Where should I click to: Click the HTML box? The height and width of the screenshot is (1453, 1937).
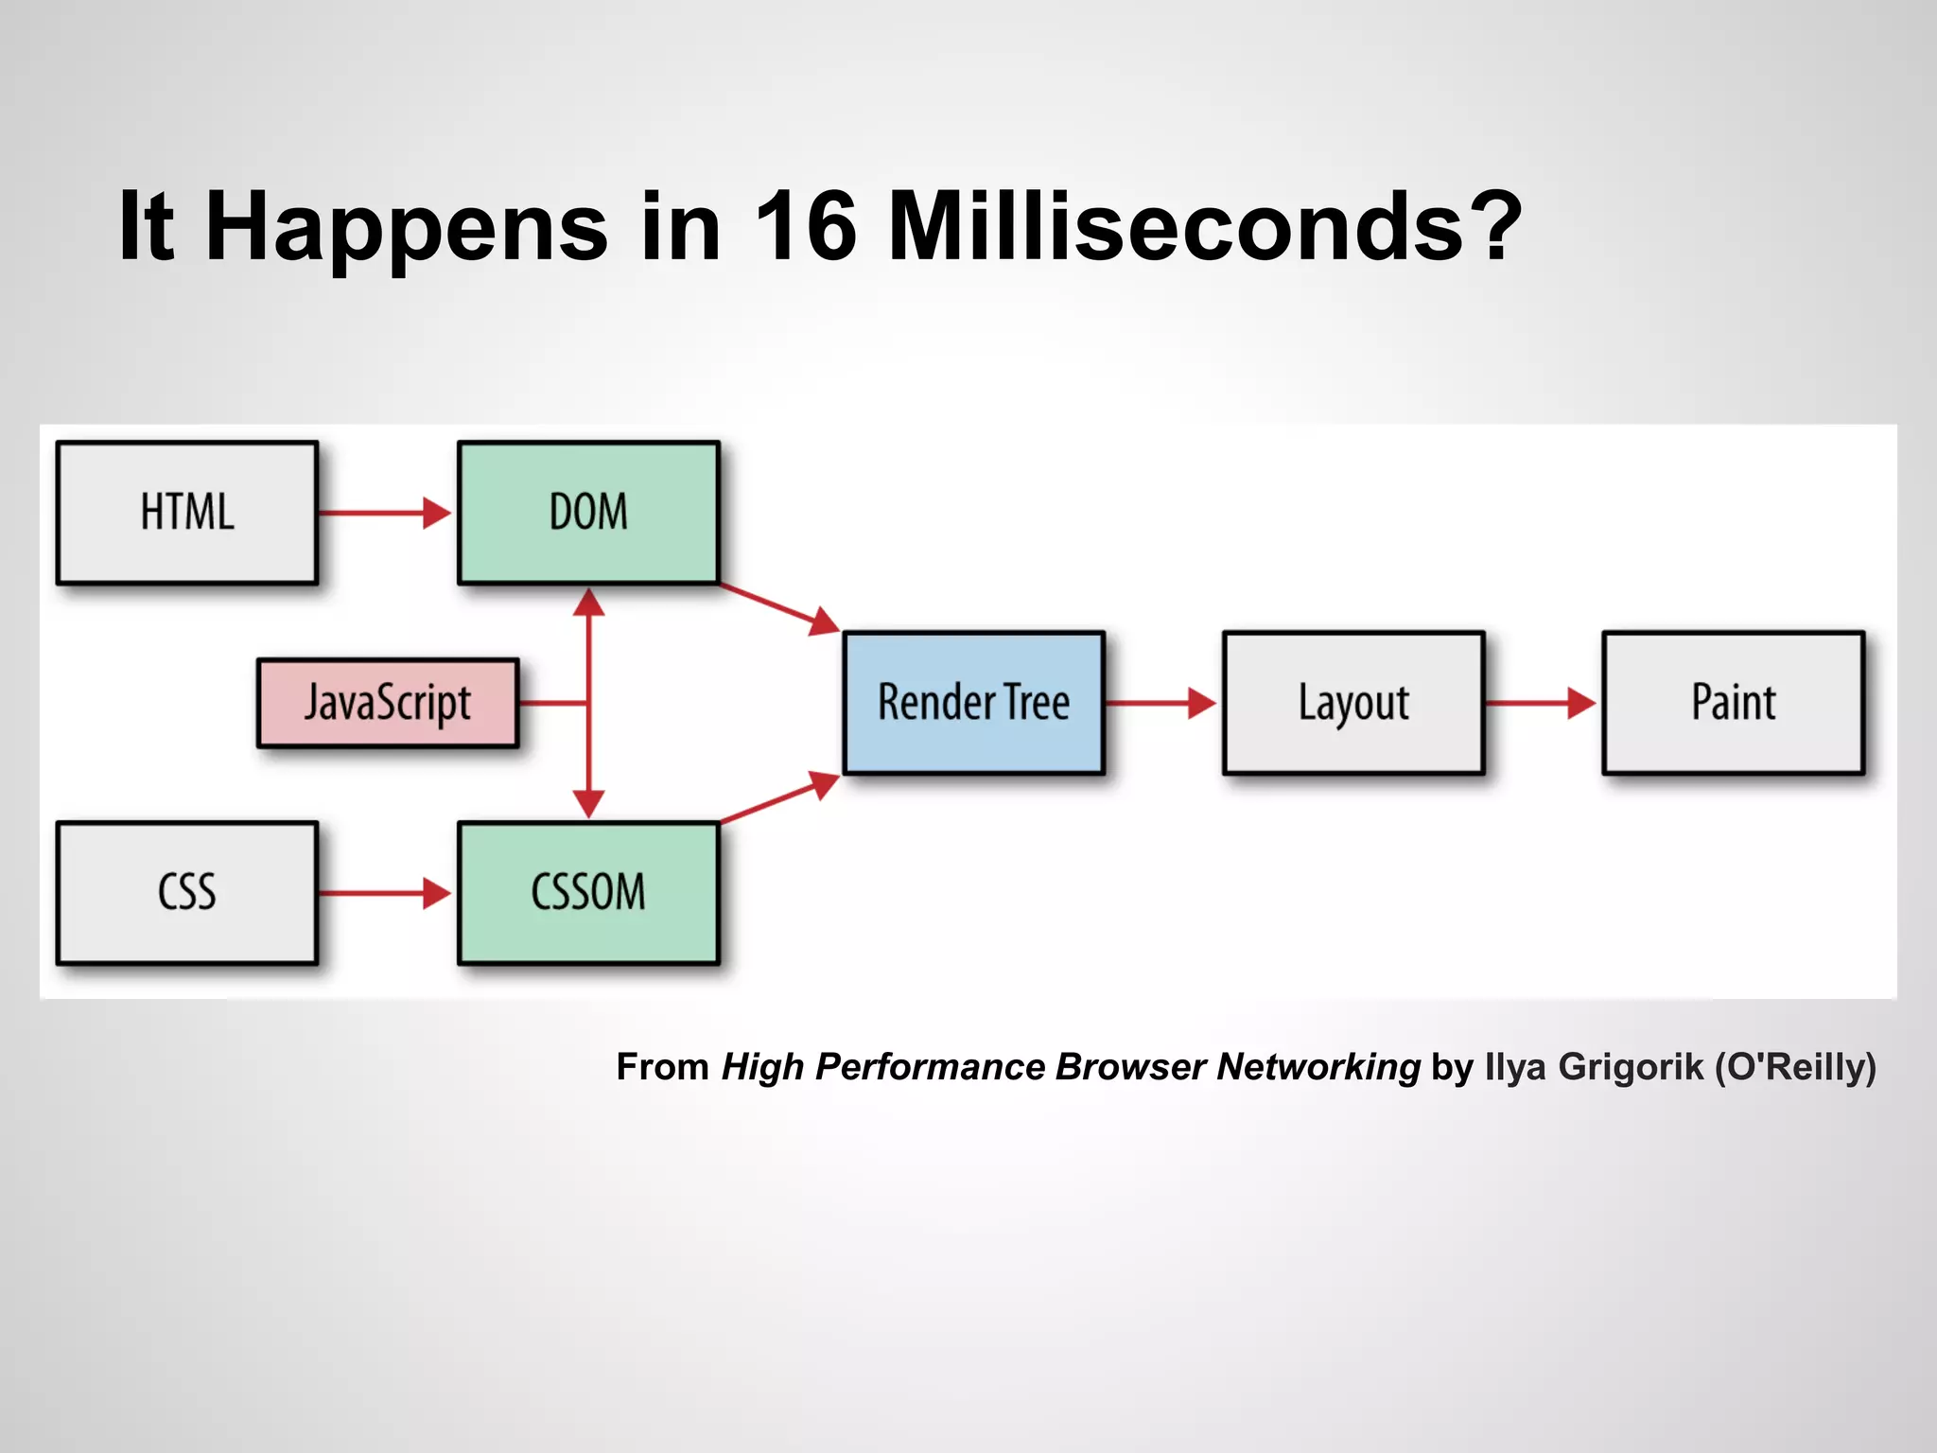(x=187, y=513)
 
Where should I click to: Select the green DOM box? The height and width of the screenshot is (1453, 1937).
(x=588, y=513)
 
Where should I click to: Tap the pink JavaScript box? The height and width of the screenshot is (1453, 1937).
(x=388, y=703)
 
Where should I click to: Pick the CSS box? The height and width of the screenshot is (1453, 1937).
(x=187, y=893)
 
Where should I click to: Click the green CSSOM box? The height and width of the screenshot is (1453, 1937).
(x=588, y=893)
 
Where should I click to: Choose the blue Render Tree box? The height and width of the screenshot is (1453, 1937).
(x=973, y=703)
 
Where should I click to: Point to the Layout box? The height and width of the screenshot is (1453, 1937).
(x=1353, y=703)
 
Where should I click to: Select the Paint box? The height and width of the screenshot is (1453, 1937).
(x=1733, y=703)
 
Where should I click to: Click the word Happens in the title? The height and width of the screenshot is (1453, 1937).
(x=407, y=227)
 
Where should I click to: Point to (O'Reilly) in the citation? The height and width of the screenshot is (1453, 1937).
(x=1795, y=1066)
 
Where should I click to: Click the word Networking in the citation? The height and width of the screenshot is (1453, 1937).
(x=1318, y=1066)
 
